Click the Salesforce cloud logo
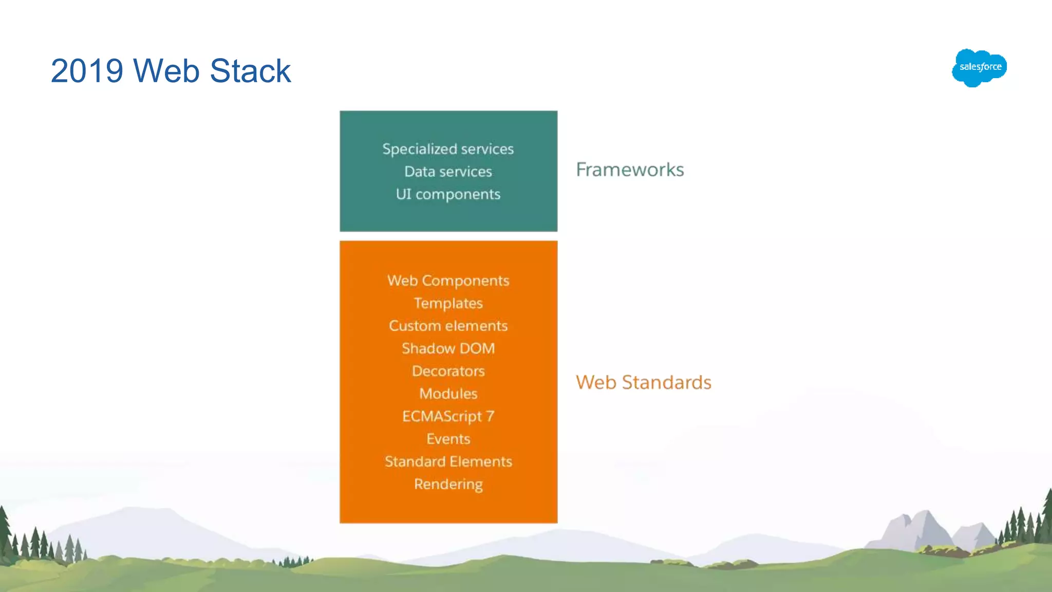click(979, 67)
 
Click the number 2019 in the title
click(87, 71)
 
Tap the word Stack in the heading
click(250, 71)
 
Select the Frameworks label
click(630, 170)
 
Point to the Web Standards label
click(643, 382)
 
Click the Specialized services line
click(448, 149)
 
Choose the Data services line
click(448, 172)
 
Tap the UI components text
click(448, 194)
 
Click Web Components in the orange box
click(448, 281)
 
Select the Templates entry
click(448, 303)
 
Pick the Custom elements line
click(448, 326)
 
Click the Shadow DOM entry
click(448, 348)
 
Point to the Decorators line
click(448, 371)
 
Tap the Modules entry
click(448, 394)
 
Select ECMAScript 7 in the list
click(448, 416)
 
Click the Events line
click(448, 439)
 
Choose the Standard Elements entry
click(448, 461)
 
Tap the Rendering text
click(448, 484)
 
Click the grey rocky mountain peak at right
click(925, 529)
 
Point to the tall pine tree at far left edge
click(5, 534)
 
